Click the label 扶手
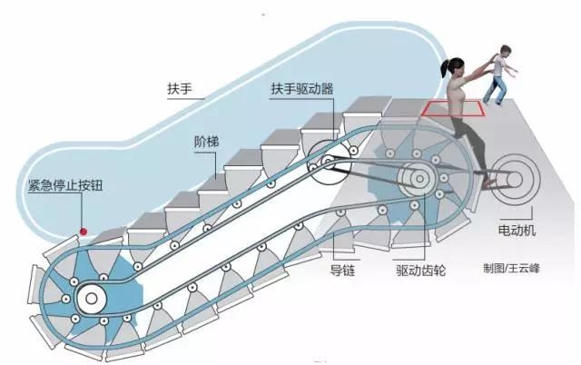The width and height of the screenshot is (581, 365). click(181, 92)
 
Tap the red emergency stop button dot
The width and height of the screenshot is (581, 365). click(83, 232)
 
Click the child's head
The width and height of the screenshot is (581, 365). click(501, 52)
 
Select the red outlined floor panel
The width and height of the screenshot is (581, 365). click(452, 110)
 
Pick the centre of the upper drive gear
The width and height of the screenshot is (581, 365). click(419, 179)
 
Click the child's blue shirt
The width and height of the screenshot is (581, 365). click(498, 72)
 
